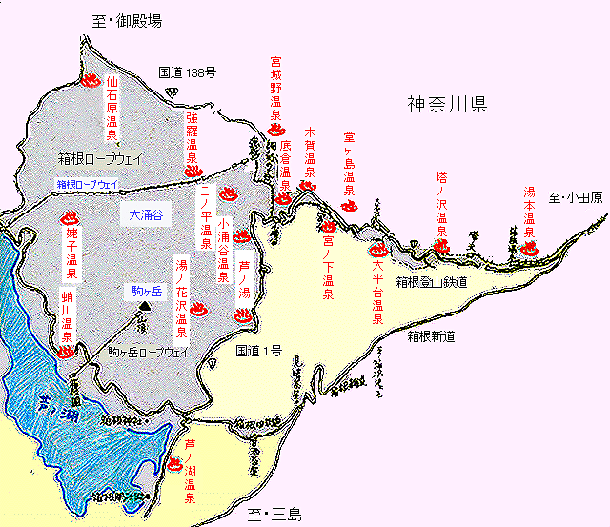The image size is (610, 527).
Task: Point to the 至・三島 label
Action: [x=274, y=515]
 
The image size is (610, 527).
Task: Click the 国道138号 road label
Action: [x=187, y=71]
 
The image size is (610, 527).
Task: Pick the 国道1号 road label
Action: [x=258, y=351]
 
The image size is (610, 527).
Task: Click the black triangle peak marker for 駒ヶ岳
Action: [x=143, y=306]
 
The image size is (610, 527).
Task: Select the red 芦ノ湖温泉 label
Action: [x=190, y=471]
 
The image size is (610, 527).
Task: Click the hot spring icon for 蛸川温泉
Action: [x=66, y=351]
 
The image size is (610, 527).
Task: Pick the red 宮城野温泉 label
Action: [x=276, y=90]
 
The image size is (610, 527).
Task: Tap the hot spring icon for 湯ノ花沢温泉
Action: [x=199, y=310]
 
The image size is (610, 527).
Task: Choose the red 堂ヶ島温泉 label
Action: [x=349, y=159]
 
